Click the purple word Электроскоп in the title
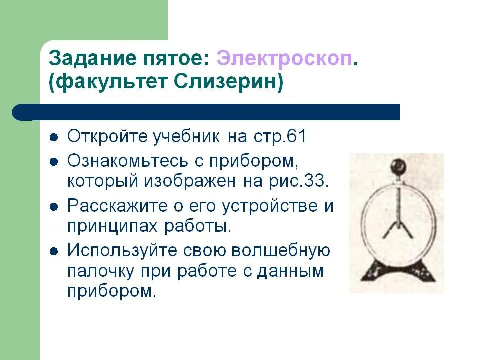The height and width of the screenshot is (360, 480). coord(285,59)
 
